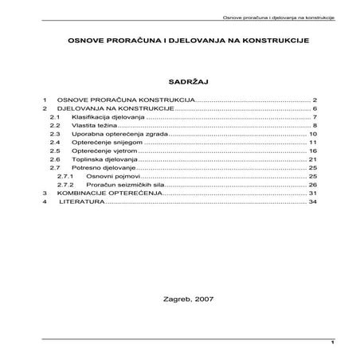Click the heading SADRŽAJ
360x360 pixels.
(x=180, y=80)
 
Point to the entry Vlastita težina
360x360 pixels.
(x=88, y=126)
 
